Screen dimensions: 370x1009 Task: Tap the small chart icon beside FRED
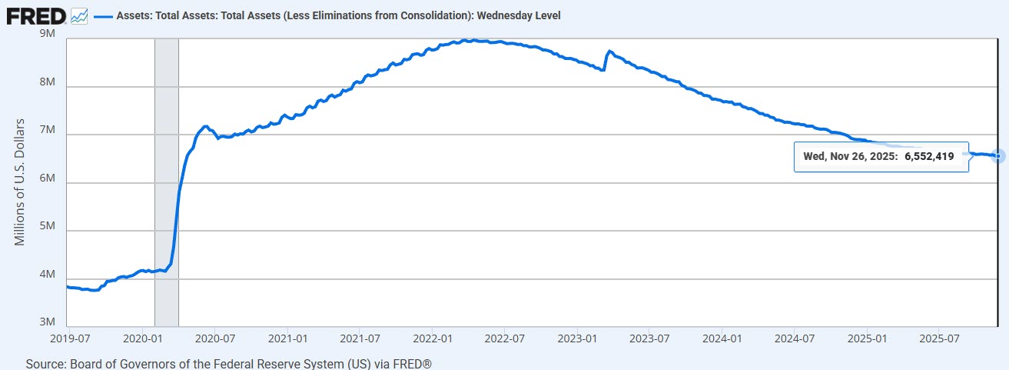pos(79,15)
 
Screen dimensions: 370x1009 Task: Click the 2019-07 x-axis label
pos(70,338)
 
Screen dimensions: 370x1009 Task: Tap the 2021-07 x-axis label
pos(360,338)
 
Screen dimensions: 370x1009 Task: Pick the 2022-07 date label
pos(505,338)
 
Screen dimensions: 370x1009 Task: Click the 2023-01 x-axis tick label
pos(577,338)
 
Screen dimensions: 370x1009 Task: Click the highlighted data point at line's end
pos(997,155)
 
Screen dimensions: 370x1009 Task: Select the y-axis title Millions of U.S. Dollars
pos(21,182)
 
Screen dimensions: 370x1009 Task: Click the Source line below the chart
pos(235,362)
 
